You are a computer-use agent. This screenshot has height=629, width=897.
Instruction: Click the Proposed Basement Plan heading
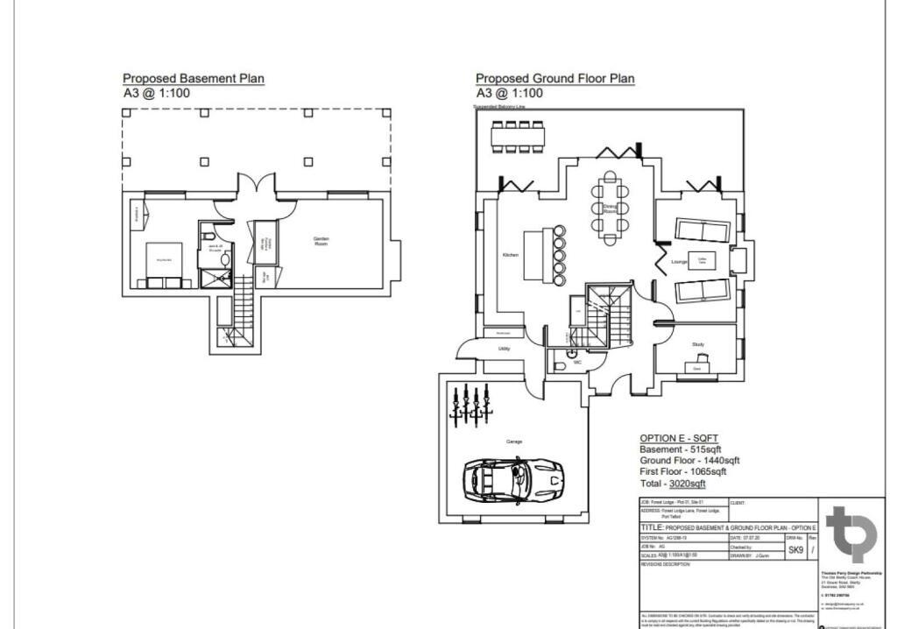[x=193, y=79]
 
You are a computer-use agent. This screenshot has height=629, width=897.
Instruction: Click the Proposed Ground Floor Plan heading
[x=554, y=79]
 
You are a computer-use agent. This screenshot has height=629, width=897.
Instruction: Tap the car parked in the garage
[x=512, y=478]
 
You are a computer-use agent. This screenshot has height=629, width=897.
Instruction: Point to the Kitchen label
[x=510, y=255]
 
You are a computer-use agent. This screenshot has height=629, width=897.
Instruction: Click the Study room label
[x=697, y=345]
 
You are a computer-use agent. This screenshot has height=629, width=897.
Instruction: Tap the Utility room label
[x=505, y=349]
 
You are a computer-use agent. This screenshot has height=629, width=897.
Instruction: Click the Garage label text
[x=513, y=442]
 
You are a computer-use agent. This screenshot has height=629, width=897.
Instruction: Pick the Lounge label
[x=679, y=262]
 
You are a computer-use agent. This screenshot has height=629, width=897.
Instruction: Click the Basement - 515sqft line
[x=680, y=449]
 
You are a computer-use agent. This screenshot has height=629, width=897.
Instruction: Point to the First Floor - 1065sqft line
[x=682, y=471]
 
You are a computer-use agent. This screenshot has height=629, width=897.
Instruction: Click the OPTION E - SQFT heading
[x=679, y=438]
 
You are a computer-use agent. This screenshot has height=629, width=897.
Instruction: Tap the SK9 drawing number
[x=795, y=550]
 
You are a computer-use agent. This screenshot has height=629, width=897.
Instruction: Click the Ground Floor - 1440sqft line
[x=689, y=461]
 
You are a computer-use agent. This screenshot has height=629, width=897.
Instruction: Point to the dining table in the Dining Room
[x=610, y=208]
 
